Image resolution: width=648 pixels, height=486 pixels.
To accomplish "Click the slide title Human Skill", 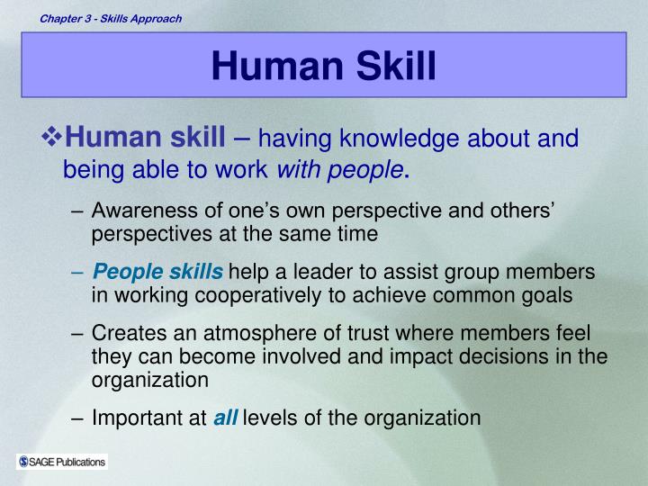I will pos(324,66).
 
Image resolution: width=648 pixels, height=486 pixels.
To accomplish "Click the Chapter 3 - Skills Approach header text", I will pos(110,18).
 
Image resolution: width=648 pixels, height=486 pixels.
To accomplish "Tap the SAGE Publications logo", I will pos(61,462).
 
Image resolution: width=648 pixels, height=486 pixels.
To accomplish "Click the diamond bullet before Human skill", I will pos(51,138).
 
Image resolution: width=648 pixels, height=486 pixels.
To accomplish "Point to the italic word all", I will pos(225,417).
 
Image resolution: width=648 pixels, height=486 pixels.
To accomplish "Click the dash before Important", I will pos(78,417).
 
